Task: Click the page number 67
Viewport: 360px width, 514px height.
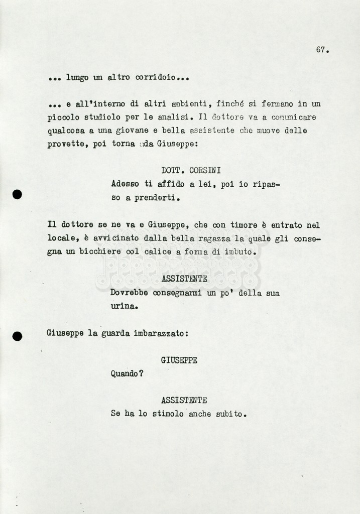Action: click(321, 50)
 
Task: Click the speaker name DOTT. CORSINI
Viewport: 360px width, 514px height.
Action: click(191, 171)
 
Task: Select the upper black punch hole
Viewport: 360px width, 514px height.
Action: click(17, 194)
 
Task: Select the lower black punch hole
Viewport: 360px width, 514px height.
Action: click(17, 336)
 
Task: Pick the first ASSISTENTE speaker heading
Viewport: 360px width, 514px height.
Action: click(184, 279)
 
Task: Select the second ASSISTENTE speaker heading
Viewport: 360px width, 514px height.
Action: click(184, 401)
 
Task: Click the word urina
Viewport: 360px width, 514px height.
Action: click(124, 306)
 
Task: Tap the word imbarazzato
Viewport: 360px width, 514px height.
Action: click(160, 333)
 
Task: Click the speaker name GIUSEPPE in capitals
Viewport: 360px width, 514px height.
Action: click(179, 360)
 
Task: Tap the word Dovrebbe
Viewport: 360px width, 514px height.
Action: click(129, 293)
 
